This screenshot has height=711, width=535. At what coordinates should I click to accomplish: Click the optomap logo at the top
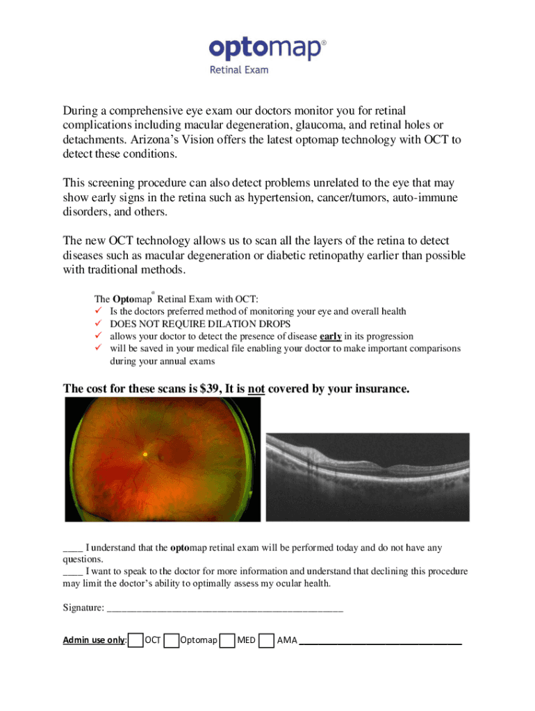point(267,49)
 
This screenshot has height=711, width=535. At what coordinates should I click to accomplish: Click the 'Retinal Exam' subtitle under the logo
point(239,69)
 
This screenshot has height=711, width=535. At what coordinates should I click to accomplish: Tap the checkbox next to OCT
point(136,640)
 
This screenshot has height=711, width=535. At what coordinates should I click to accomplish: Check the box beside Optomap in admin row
point(172,640)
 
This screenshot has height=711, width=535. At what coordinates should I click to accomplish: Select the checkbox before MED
point(227,640)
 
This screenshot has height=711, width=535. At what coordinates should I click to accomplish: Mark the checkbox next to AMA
point(265,640)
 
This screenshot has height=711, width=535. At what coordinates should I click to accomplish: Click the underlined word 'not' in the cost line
point(256,389)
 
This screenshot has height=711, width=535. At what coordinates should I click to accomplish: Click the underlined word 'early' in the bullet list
point(331,336)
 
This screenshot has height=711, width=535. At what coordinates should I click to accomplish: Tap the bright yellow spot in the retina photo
point(145,454)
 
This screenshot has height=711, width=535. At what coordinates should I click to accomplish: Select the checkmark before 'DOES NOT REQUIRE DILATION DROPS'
point(98,324)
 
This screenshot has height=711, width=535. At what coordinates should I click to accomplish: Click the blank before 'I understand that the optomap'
point(73,548)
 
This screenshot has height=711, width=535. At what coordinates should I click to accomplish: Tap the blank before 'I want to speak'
point(73,571)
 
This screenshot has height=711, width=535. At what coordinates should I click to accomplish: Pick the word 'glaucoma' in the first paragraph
point(329,125)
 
